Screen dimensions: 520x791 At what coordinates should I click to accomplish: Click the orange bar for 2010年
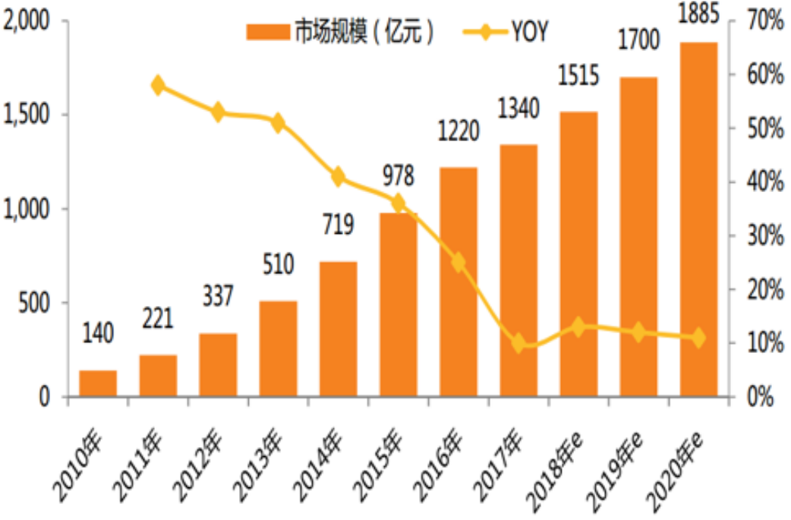tap(98, 383)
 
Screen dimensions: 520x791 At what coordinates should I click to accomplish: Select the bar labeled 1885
tap(698, 220)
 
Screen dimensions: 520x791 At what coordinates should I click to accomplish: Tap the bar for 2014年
tap(338, 329)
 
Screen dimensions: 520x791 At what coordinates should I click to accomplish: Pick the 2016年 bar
tap(459, 282)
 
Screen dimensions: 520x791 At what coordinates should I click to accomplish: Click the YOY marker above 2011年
tap(158, 85)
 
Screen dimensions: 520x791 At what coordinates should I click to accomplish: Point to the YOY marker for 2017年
tap(518, 343)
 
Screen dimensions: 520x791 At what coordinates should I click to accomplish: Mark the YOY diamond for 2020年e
tap(698, 338)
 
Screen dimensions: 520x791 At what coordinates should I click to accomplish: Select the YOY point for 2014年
tap(339, 178)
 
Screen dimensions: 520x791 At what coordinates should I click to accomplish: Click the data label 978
tap(397, 177)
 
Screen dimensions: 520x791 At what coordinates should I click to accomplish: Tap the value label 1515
tap(578, 77)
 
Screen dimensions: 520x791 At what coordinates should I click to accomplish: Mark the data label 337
tap(218, 296)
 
